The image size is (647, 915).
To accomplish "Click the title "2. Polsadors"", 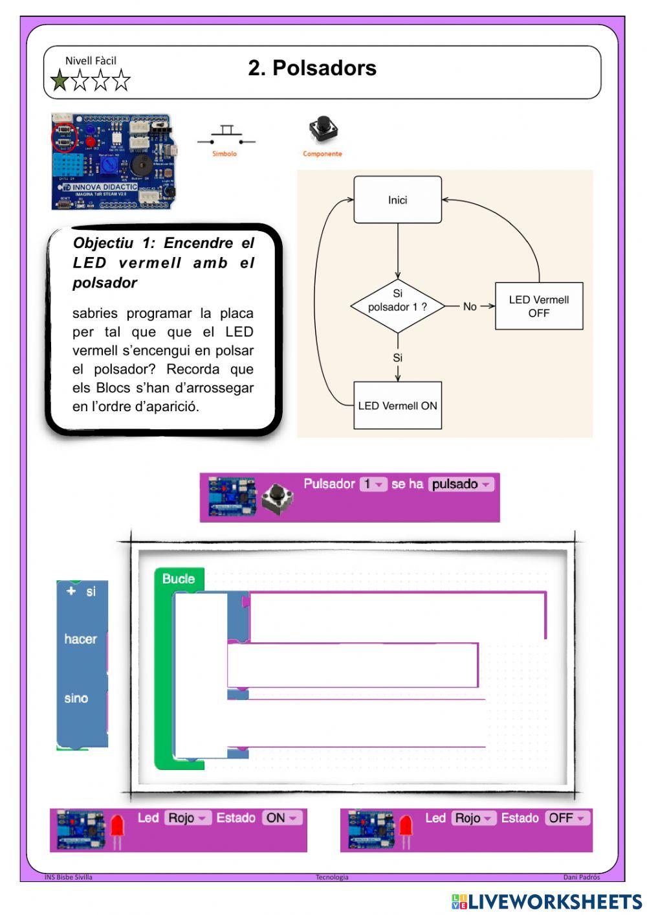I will click(312, 68).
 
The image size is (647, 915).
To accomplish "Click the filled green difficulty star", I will click(60, 81).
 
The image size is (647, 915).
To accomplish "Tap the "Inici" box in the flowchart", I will click(397, 200).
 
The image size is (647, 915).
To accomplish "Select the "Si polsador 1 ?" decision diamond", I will click(397, 306).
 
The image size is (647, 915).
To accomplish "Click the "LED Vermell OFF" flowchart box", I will click(538, 306).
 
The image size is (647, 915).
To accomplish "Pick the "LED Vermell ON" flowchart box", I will click(397, 406).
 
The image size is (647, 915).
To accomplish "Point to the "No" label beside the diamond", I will click(470, 306).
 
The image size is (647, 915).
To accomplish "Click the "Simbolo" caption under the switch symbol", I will click(225, 154).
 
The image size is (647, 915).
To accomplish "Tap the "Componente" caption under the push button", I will click(322, 154).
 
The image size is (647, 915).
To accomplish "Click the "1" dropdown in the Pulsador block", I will click(373, 484).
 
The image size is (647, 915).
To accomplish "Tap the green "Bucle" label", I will click(179, 579).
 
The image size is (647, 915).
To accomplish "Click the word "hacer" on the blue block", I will click(80, 639).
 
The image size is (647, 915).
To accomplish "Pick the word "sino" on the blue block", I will click(76, 698).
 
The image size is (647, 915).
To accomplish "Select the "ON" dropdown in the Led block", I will click(282, 818).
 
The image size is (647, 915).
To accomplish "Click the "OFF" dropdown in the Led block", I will click(567, 818).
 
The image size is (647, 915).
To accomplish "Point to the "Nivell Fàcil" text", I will click(91, 61).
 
